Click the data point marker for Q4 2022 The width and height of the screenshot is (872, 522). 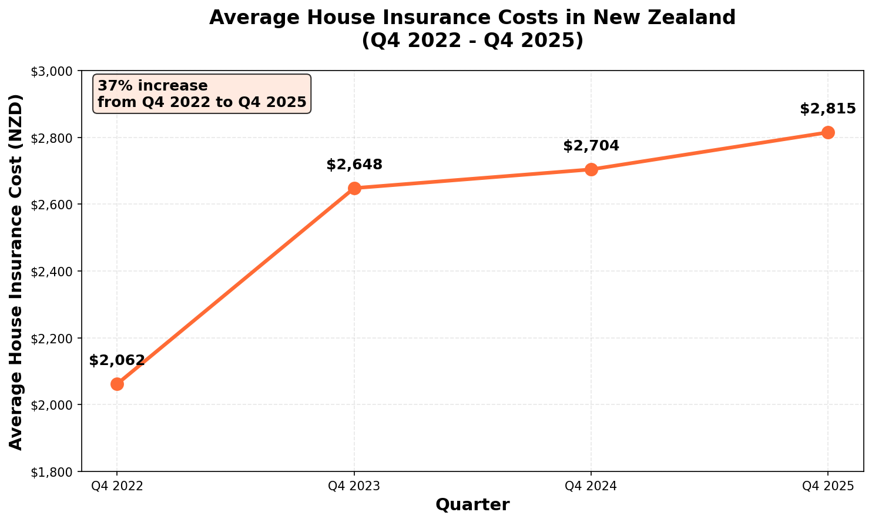(x=117, y=384)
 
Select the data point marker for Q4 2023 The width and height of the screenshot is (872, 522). (x=354, y=188)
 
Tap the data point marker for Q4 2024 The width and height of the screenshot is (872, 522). (x=591, y=169)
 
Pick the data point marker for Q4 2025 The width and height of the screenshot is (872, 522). (x=828, y=132)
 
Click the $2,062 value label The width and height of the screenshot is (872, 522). (x=117, y=360)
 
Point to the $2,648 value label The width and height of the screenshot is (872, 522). (x=354, y=165)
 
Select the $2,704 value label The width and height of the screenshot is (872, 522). (x=591, y=146)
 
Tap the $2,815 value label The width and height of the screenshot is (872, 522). (x=828, y=109)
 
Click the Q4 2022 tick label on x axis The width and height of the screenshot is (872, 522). (x=117, y=486)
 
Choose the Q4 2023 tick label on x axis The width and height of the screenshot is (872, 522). (x=354, y=486)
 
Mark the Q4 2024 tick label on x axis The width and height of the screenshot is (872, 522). (x=591, y=486)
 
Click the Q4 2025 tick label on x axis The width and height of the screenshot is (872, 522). (x=828, y=486)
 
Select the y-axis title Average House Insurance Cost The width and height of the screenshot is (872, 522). (x=16, y=272)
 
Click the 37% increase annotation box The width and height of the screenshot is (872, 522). (x=202, y=94)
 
